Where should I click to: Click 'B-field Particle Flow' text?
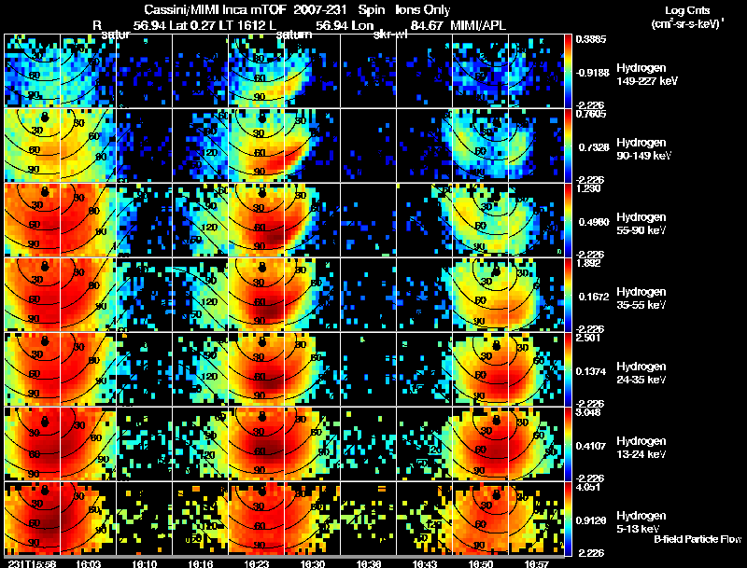[698, 539]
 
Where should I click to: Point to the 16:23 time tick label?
[256, 563]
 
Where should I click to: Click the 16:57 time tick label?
[535, 563]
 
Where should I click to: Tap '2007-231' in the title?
[322, 9]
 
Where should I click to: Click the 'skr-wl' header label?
[388, 36]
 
